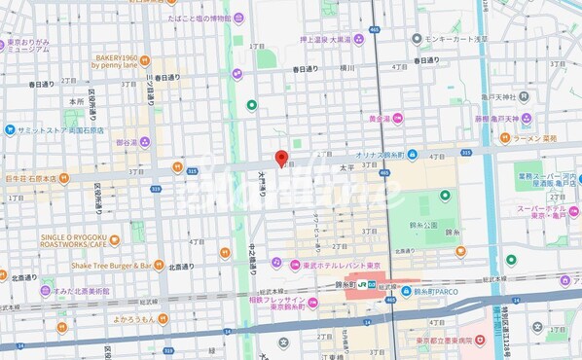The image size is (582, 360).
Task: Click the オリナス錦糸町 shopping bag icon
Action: click(x=414, y=155)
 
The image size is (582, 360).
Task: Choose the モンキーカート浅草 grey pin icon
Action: click(x=417, y=40)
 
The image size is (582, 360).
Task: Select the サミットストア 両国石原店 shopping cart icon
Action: click(x=8, y=129)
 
